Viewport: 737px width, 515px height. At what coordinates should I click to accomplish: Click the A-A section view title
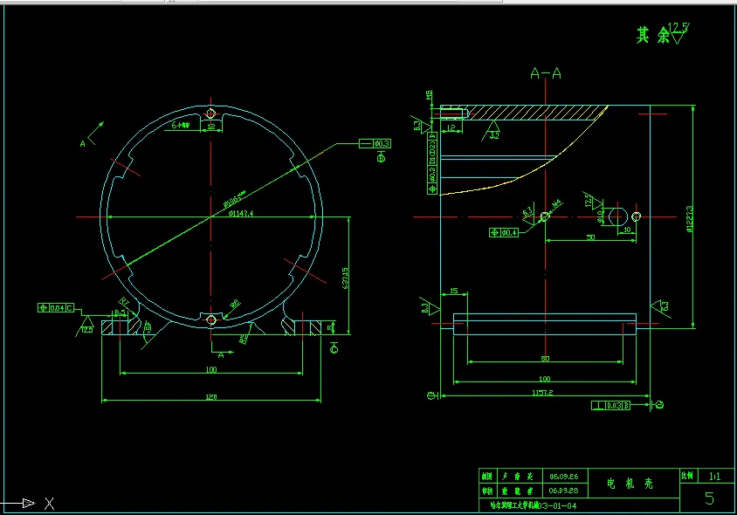click(546, 73)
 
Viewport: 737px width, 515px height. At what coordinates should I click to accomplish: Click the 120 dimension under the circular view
click(210, 397)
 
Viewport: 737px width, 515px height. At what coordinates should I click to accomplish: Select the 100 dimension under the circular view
click(210, 370)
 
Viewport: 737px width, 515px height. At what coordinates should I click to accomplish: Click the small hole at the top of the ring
click(210, 113)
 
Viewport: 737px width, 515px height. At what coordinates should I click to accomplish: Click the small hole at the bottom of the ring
click(210, 320)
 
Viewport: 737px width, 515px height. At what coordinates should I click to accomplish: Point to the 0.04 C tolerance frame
click(57, 307)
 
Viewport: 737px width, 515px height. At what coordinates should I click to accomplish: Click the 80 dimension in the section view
click(545, 358)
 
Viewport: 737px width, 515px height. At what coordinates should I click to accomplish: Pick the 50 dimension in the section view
click(590, 237)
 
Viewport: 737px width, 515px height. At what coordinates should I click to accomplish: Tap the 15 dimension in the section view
click(453, 291)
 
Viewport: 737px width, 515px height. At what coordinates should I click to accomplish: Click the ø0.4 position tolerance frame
click(505, 233)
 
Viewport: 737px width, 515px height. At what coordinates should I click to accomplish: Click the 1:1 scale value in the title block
click(715, 477)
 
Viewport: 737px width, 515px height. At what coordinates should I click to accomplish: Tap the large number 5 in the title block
click(709, 498)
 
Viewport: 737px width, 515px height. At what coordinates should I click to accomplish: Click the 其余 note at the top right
click(651, 35)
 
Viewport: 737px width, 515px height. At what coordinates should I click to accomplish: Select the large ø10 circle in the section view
click(617, 216)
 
